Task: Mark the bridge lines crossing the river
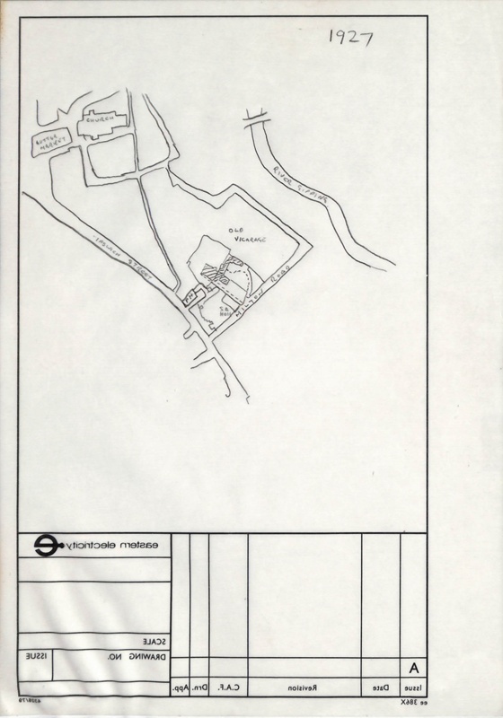[254, 113]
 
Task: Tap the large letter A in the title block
[414, 669]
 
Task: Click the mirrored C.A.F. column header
[234, 688]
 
